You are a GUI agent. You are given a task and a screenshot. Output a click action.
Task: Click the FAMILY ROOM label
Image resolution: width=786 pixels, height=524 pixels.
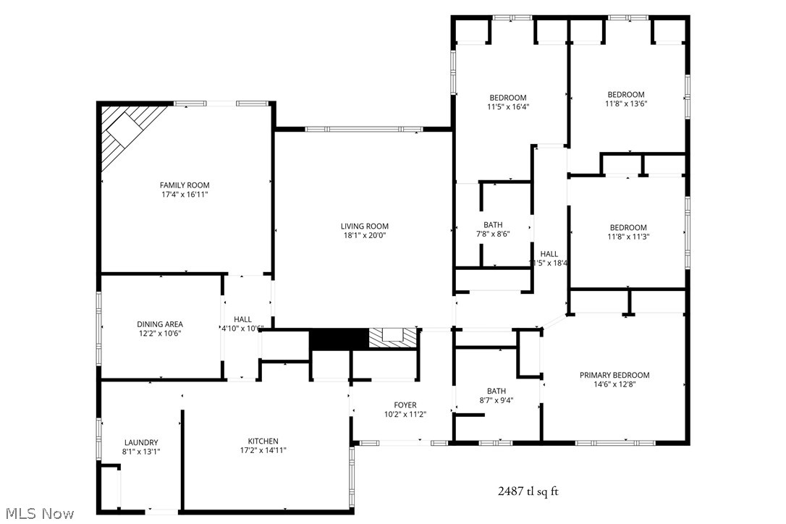click(x=185, y=185)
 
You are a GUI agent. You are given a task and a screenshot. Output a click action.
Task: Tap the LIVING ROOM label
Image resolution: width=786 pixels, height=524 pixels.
click(x=365, y=226)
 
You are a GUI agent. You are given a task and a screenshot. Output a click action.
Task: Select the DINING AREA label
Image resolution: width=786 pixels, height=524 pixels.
click(x=160, y=324)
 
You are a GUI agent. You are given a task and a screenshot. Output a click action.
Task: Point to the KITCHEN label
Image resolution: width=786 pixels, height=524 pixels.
click(x=263, y=441)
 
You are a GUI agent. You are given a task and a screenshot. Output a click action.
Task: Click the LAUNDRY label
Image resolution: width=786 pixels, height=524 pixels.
click(x=141, y=443)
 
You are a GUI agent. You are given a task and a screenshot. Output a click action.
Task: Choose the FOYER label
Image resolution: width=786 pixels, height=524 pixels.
click(x=405, y=405)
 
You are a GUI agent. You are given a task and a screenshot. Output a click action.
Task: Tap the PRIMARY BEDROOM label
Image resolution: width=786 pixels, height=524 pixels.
click(x=614, y=375)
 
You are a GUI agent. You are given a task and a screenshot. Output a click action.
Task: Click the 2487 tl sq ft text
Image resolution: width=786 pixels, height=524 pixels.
click(x=528, y=491)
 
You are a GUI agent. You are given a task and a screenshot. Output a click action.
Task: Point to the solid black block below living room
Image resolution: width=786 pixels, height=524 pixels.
click(x=339, y=339)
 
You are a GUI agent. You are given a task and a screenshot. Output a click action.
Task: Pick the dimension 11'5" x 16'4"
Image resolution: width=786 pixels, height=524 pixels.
click(x=507, y=107)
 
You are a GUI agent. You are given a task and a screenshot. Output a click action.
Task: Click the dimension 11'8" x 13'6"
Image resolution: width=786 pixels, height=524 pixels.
click(x=626, y=103)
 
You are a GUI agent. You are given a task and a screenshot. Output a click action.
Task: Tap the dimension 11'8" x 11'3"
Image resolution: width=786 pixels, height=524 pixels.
click(x=627, y=237)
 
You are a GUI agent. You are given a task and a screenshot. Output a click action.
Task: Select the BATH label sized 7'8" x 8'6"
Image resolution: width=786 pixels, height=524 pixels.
click(x=493, y=225)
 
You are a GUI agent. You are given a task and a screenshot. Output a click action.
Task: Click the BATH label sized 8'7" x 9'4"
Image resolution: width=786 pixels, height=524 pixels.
click(x=496, y=392)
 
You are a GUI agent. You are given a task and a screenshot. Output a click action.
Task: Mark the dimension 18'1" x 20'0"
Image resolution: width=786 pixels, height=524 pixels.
click(x=365, y=235)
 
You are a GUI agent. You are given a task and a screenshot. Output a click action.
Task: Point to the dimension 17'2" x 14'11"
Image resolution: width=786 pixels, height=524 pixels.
click(x=263, y=450)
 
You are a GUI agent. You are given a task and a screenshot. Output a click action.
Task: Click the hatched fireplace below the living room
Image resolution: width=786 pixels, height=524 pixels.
click(x=394, y=338)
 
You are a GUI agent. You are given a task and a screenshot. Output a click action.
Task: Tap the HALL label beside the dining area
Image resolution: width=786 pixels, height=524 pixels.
click(x=242, y=319)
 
